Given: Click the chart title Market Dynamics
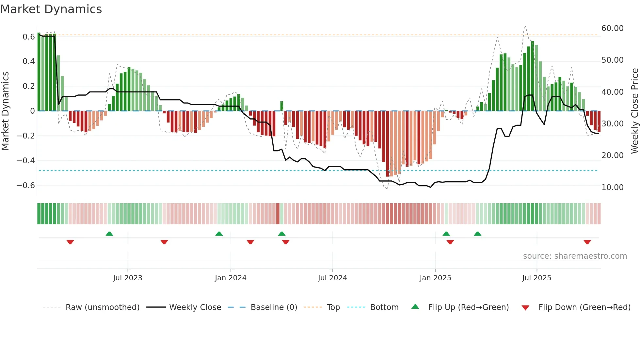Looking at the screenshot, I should point(51,9).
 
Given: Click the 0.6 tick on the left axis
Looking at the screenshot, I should point(28,37).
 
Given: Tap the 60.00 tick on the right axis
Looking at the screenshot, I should point(612,28).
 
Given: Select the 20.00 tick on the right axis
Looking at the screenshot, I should point(612,155).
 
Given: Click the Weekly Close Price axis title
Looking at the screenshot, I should point(634,111).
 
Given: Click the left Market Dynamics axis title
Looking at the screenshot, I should point(5,111).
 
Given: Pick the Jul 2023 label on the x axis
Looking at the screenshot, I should point(128,278).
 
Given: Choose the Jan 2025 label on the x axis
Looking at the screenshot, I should point(435,278).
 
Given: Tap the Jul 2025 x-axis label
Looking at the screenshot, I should point(536,278).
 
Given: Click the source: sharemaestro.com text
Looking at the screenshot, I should point(575,256).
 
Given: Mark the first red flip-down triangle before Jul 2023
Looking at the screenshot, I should point(70,242).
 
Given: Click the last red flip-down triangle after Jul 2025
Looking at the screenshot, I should point(587,242).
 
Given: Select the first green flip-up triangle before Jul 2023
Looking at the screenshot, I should point(109,234).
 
